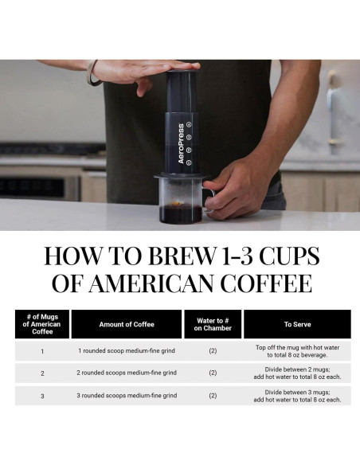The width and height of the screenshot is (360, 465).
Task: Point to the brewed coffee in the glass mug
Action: (181, 213)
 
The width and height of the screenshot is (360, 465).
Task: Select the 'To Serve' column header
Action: (297, 324)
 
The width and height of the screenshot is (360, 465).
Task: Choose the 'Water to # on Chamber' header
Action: (213, 324)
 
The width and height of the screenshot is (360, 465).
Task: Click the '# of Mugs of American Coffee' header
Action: (42, 324)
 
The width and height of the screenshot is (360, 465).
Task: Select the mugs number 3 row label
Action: (42, 395)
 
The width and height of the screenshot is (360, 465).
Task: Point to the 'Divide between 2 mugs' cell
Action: (297, 373)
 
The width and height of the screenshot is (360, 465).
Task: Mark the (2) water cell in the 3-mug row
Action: (213, 395)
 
